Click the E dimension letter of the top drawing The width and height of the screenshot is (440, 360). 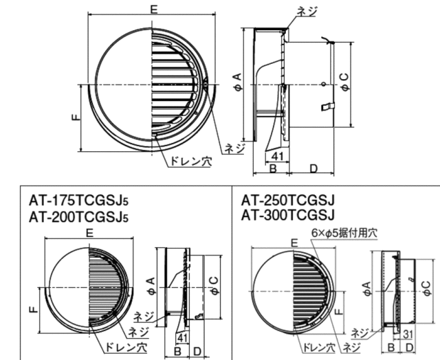coord(153,9)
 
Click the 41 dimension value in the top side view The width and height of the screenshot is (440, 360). coord(277,156)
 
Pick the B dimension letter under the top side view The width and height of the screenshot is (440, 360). coord(273,168)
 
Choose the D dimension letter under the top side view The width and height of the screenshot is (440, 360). coord(313,168)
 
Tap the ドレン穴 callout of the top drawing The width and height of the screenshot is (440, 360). coord(191,161)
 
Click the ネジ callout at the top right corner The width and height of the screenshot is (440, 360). coord(307,12)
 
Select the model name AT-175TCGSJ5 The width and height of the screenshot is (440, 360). coord(78,201)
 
